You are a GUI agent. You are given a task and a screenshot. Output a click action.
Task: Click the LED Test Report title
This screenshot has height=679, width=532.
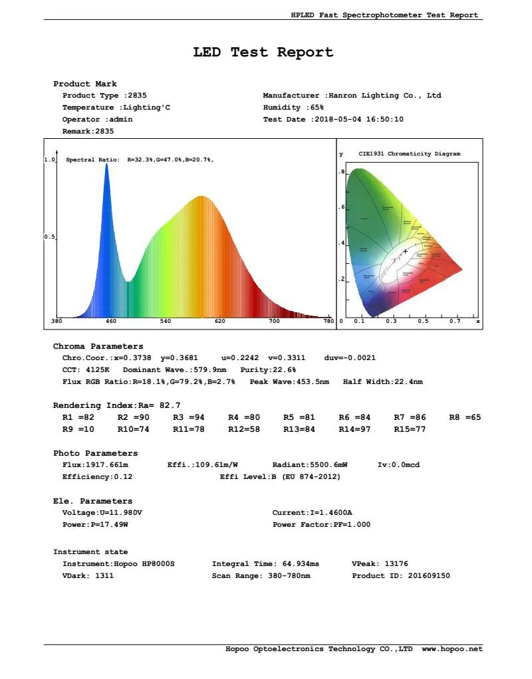click(263, 52)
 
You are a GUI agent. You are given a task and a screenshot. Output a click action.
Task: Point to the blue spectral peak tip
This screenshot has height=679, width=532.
click(106, 164)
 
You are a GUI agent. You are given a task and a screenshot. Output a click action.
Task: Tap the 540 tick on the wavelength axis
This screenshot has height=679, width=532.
click(166, 322)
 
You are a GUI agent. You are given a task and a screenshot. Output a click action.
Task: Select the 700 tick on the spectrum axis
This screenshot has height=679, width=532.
click(274, 322)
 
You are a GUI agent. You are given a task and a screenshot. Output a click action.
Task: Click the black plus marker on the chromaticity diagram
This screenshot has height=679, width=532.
click(405, 251)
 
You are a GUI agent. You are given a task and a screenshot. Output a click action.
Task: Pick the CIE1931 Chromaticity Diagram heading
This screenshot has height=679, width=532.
click(409, 154)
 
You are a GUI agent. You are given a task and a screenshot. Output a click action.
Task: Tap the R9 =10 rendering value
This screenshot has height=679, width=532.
click(78, 430)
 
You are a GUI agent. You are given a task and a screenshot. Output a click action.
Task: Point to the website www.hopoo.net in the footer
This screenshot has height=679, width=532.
click(452, 649)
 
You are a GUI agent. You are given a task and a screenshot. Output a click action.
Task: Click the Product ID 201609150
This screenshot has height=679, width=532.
click(429, 576)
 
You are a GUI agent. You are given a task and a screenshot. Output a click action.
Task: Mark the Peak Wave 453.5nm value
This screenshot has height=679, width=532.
click(311, 382)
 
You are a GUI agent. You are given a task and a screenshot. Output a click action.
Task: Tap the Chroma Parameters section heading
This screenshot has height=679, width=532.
click(98, 347)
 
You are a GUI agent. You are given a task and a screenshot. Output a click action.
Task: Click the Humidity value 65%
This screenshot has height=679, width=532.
click(317, 108)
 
